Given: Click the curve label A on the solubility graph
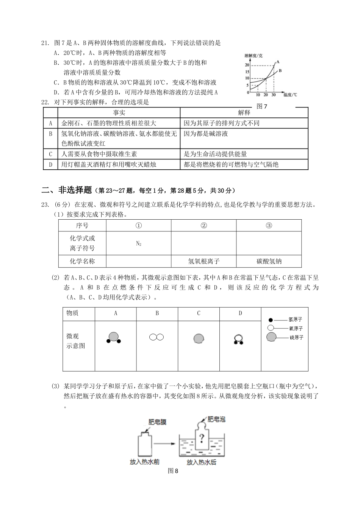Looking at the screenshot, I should coord(277,62).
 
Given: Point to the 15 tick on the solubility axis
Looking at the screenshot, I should coord(247,72).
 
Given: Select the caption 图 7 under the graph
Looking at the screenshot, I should coord(262,106).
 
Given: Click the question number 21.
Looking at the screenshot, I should coord(45,43).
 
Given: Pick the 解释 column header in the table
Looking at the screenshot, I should coord(244,112).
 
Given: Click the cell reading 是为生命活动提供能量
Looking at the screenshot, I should coord(215,154).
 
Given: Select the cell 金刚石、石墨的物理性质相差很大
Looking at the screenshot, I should coord(109,123).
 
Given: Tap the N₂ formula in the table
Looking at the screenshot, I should coord(139,244).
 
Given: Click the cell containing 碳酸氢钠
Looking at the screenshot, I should coord(269,261).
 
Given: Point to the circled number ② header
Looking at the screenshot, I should coord(203,225).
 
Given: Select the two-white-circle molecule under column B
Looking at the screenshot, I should coord(156,337).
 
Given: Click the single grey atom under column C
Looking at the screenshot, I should coord(199,338).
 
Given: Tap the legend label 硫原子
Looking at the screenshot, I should coord(296,337).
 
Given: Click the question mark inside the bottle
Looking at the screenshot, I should coord(202,439).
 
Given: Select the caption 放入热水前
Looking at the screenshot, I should coord(144,462).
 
